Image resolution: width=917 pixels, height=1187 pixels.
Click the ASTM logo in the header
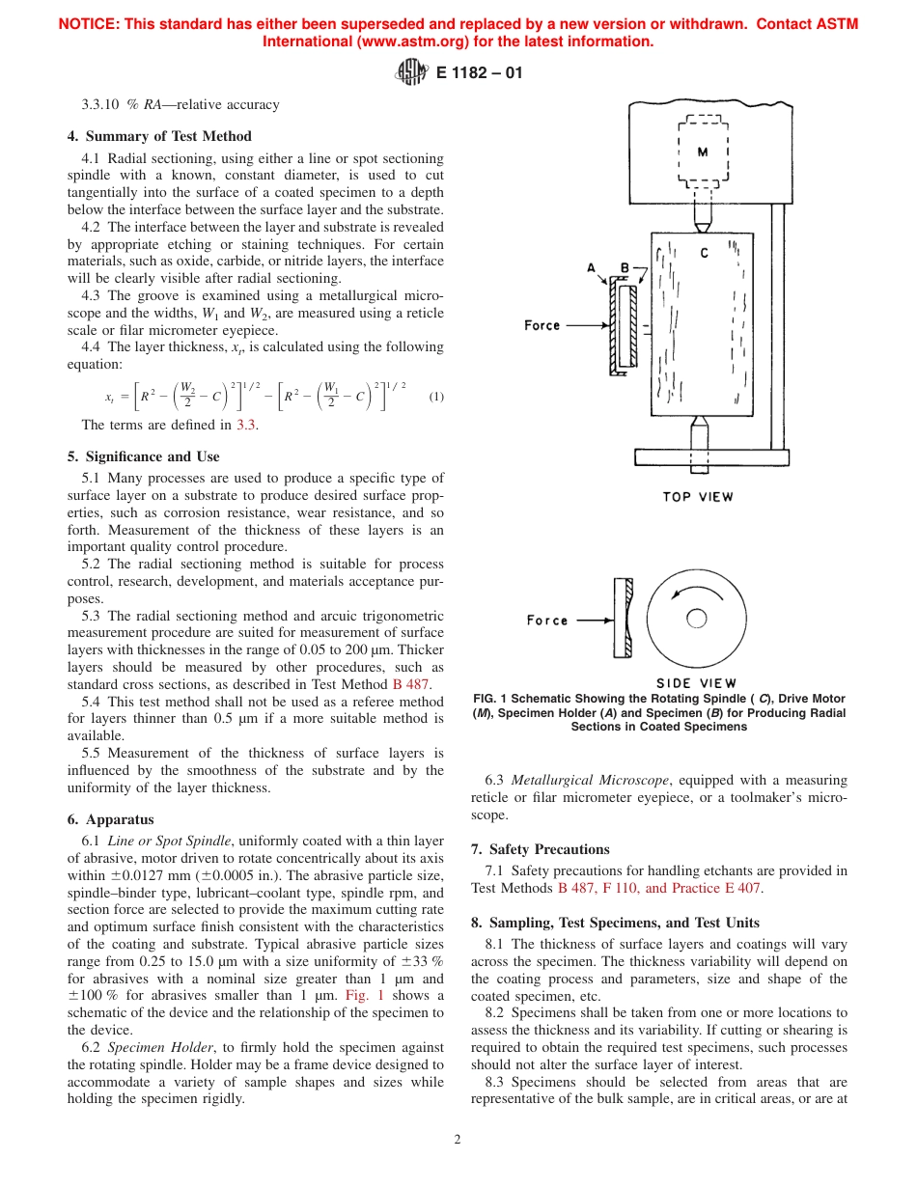pyautogui.click(x=411, y=71)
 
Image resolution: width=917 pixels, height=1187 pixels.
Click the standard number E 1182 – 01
pyautogui.click(x=480, y=72)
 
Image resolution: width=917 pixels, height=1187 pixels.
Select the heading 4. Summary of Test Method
pyautogui.click(x=168, y=136)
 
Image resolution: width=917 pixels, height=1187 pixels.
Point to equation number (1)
pyautogui.click(x=436, y=397)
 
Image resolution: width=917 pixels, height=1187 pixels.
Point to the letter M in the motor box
pyautogui.click(x=703, y=152)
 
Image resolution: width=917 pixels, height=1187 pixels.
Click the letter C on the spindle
pyautogui.click(x=704, y=253)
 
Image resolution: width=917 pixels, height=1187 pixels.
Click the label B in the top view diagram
pyautogui.click(x=625, y=268)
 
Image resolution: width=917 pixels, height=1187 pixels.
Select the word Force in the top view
pyautogui.click(x=542, y=325)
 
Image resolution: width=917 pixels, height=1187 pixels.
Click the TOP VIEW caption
pyautogui.click(x=698, y=497)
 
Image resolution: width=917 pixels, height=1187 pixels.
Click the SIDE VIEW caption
pyautogui.click(x=697, y=683)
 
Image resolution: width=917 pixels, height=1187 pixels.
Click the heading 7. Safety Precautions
pyautogui.click(x=540, y=849)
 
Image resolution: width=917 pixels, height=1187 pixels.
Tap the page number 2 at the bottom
pyautogui.click(x=458, y=1139)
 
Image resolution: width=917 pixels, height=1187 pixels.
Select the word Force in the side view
pyautogui.click(x=547, y=621)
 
